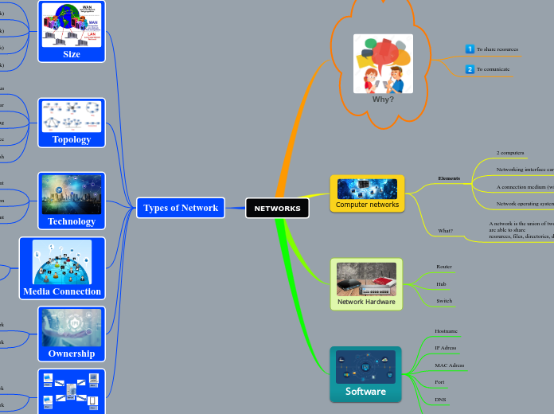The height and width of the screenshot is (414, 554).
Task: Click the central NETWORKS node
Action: click(277, 208)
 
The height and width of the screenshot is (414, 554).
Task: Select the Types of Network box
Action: click(181, 208)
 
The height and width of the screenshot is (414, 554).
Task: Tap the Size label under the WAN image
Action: click(72, 55)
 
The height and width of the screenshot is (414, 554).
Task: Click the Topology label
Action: click(72, 139)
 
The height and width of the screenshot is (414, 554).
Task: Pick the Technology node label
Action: click(72, 221)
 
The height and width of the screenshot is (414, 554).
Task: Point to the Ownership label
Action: click(72, 353)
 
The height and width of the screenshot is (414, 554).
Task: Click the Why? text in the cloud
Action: click(383, 100)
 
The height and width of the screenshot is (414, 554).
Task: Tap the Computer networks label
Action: click(367, 205)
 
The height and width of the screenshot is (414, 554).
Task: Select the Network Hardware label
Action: click(366, 302)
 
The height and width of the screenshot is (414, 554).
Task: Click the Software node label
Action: click(365, 391)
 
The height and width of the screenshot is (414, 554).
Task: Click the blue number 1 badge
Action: click(470, 49)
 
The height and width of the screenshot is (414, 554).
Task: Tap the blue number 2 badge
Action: click(470, 69)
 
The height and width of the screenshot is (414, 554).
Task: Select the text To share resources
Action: click(497, 49)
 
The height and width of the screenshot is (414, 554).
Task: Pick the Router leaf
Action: click(444, 267)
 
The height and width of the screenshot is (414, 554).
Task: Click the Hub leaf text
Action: click(441, 284)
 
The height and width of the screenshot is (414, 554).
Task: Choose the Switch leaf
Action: click(444, 301)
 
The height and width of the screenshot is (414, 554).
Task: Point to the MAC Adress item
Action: click(449, 365)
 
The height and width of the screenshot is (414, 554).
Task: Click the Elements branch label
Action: click(449, 178)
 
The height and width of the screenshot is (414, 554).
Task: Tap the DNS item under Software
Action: click(440, 399)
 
